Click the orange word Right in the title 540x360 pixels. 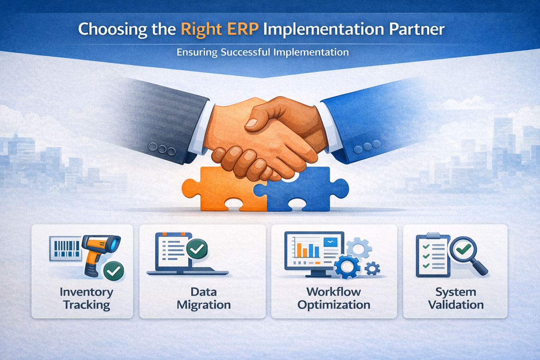pyautogui.click(x=201, y=30)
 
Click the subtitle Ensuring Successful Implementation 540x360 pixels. pyautogui.click(x=263, y=52)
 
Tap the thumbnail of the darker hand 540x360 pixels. pyautogui.click(x=252, y=123)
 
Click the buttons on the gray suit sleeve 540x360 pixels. pyautogui.click(x=162, y=149)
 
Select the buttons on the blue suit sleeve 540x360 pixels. pyautogui.click(x=367, y=146)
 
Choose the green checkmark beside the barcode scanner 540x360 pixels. pyautogui.click(x=114, y=271)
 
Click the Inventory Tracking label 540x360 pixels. pyautogui.click(x=86, y=298)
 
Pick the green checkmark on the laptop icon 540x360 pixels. pyautogui.click(x=197, y=249)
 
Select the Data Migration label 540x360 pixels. pyautogui.click(x=204, y=298)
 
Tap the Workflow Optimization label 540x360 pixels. pyautogui.click(x=334, y=298)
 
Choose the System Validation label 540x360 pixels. pyautogui.click(x=456, y=298)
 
